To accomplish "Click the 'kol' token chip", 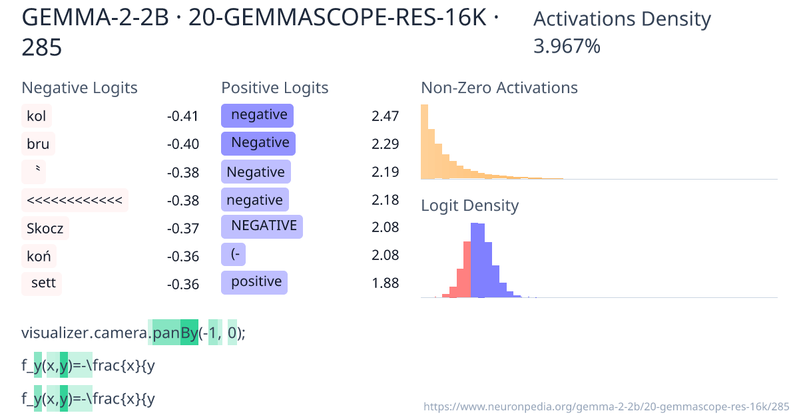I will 37,116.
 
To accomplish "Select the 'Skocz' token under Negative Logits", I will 45,228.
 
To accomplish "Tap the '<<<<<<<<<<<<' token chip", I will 75,200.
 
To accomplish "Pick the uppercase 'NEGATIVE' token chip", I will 262,226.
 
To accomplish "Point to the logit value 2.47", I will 385,116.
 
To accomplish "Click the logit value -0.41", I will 183,116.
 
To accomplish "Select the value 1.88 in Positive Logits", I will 385,283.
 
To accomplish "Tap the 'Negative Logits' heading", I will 80,88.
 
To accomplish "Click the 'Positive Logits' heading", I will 275,88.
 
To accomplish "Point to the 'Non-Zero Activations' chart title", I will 499,88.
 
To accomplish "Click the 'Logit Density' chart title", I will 470,206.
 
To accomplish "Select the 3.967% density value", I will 567,47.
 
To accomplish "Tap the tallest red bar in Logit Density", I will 467,270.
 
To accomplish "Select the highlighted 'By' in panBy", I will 189,333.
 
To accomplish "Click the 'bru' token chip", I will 38,144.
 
